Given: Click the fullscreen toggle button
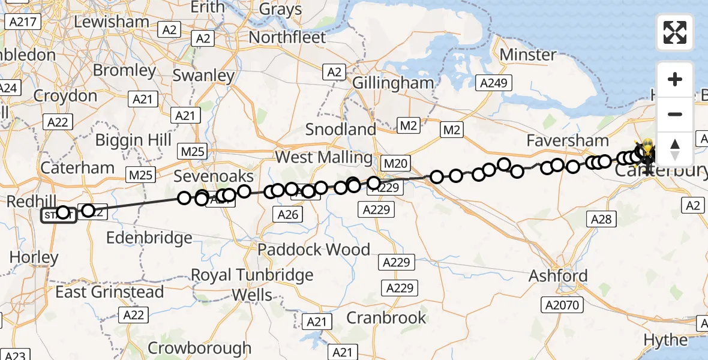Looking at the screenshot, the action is click(x=675, y=32).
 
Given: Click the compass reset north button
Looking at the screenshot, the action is click(x=675, y=149).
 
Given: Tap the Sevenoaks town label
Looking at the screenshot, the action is click(x=214, y=176).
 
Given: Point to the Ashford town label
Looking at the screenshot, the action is click(x=557, y=276).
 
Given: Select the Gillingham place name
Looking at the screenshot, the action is click(x=392, y=83).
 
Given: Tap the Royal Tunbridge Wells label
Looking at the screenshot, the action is click(x=252, y=285).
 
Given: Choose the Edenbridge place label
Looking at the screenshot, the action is click(x=149, y=238).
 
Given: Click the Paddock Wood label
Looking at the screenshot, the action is click(x=314, y=249).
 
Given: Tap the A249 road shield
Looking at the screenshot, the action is click(x=494, y=83).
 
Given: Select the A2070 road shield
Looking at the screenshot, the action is click(x=562, y=305).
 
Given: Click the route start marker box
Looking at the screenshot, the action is click(x=58, y=214).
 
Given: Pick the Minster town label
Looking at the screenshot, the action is click(x=528, y=55).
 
